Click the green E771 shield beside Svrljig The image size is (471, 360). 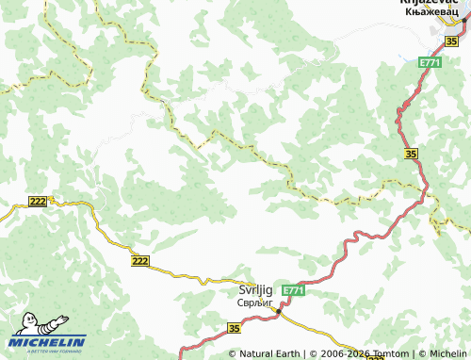pyautogui.click(x=293, y=291)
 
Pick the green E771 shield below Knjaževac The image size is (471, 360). pyautogui.click(x=430, y=62)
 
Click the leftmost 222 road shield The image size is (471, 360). pyautogui.click(x=38, y=202)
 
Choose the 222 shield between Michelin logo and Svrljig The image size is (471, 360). pyautogui.click(x=140, y=260)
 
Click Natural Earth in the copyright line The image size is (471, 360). pyautogui.click(x=269, y=353)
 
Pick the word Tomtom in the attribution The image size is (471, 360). pyautogui.click(x=387, y=353)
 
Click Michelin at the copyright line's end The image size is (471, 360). pyautogui.click(x=447, y=353)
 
